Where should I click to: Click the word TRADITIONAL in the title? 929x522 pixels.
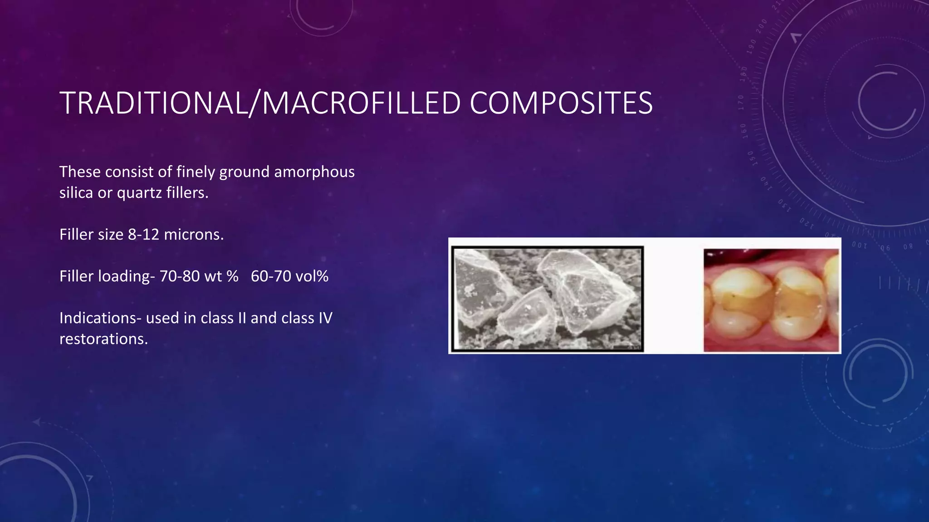click(154, 103)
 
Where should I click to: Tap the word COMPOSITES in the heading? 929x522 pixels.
click(561, 103)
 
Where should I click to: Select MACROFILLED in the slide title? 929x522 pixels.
click(362, 103)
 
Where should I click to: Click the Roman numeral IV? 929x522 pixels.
click(325, 318)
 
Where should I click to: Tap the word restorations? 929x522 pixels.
click(103, 339)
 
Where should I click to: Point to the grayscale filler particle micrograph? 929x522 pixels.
click(548, 299)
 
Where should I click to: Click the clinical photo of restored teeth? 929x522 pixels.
click(771, 300)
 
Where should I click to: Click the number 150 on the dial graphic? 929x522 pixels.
click(751, 158)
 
